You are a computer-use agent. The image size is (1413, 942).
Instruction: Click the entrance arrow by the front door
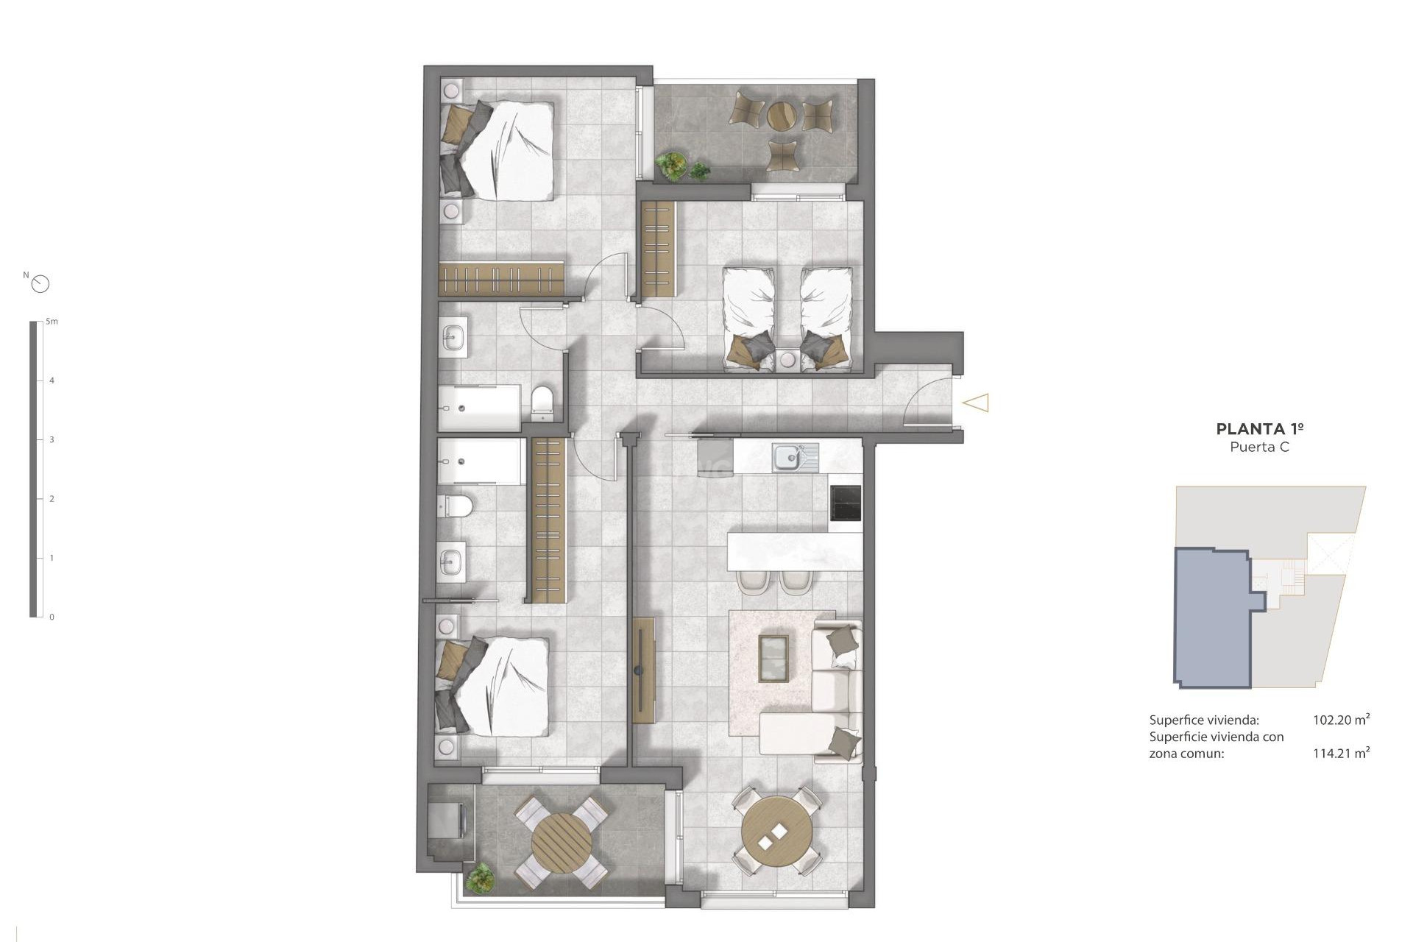coord(976,403)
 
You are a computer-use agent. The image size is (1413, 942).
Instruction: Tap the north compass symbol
coord(40,284)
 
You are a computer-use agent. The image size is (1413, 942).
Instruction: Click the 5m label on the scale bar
coord(52,322)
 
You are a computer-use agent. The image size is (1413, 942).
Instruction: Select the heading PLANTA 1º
coord(1260,429)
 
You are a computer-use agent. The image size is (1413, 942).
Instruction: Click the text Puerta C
coord(1259,447)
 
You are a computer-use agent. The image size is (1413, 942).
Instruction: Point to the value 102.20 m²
coord(1341,720)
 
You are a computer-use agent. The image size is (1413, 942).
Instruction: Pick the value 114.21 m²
coord(1341,753)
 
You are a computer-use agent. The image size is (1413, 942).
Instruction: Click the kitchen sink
coord(787,458)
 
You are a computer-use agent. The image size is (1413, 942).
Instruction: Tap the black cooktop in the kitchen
coord(845,503)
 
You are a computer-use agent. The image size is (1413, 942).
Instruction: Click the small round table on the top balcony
coord(781,115)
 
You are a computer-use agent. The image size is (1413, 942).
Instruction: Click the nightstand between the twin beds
coord(787,361)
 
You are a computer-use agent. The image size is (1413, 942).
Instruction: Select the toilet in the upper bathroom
coord(542,401)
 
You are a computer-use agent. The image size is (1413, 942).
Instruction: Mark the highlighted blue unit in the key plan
coord(1211,618)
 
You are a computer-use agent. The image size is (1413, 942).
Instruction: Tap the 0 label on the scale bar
coord(52,617)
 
